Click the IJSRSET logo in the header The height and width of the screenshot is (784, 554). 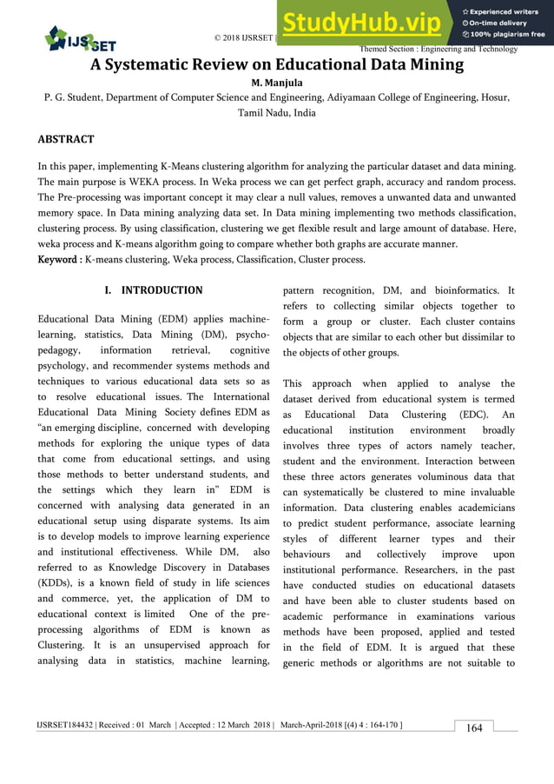point(80,38)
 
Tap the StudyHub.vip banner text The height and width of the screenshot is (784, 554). point(366,21)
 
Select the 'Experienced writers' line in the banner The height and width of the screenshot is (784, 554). point(506,11)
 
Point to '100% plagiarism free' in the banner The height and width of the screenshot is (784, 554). point(505,35)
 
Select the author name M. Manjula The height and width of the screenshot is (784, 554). point(276,83)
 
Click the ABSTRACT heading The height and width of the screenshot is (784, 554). point(66,139)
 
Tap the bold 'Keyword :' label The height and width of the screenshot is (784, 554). point(60,260)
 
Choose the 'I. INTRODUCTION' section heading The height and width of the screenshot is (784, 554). point(153,290)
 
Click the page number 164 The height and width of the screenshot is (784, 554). point(474,728)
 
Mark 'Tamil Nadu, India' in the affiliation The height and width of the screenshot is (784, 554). point(276,114)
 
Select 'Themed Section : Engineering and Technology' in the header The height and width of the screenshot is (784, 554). point(439,50)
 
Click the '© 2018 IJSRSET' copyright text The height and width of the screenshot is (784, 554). point(244,38)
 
